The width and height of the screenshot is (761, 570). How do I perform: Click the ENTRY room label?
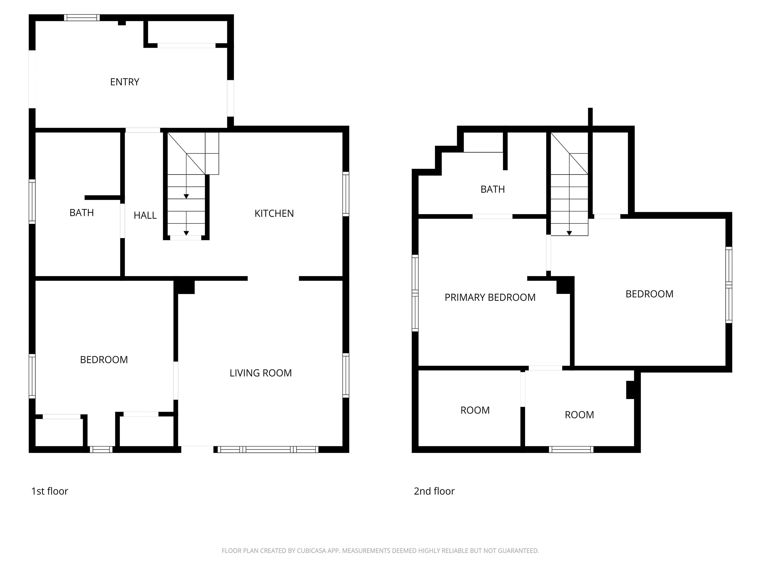(124, 82)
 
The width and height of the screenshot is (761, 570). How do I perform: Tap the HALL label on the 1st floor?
(145, 216)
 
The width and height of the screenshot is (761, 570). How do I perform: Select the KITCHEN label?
(274, 214)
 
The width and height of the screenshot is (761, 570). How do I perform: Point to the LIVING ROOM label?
(261, 373)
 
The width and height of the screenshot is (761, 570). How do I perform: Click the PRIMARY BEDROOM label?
(490, 297)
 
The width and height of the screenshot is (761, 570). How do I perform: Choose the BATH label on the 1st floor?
(82, 213)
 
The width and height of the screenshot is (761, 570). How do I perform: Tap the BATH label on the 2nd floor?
(493, 189)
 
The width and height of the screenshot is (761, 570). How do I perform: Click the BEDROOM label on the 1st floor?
(104, 360)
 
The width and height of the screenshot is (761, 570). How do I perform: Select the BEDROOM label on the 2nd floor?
(650, 294)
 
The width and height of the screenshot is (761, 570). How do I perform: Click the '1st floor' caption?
(50, 491)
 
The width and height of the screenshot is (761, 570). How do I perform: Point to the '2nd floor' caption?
(434, 491)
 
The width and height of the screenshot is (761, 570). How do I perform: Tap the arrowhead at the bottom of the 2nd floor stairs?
(569, 233)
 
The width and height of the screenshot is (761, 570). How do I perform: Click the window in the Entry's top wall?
(82, 18)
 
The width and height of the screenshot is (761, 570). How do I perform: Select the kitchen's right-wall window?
(346, 194)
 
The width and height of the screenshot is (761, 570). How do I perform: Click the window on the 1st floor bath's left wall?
(32, 201)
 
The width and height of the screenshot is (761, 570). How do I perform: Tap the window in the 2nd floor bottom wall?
(571, 449)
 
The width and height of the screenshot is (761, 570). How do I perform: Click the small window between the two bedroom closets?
(101, 449)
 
